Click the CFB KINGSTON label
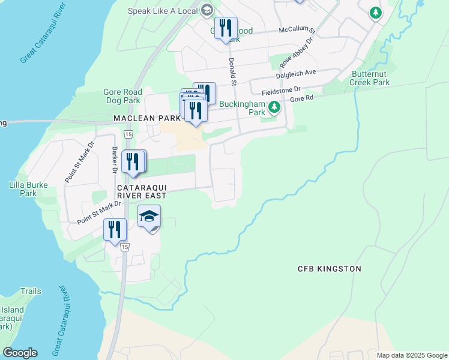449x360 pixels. [x=330, y=269]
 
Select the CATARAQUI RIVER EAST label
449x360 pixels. [x=141, y=191]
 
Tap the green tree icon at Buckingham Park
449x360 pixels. [x=274, y=107]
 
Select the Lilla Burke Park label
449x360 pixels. [x=28, y=189]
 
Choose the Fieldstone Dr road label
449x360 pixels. [x=281, y=91]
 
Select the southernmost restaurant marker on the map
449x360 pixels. [x=114, y=230]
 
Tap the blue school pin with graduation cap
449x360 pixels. [x=149, y=217]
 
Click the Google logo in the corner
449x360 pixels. [x=20, y=353]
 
